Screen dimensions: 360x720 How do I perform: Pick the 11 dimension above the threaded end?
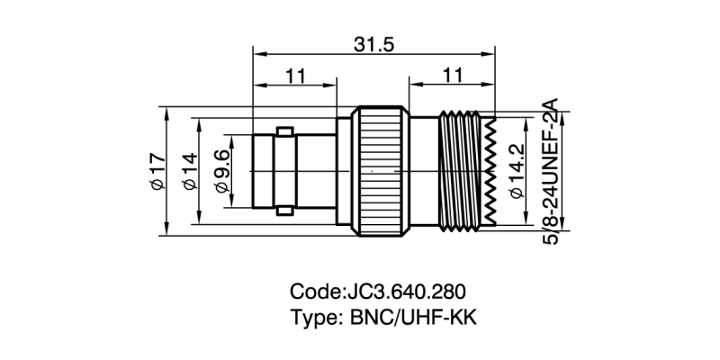click(x=453, y=76)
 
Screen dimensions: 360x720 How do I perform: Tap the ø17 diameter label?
click(x=157, y=170)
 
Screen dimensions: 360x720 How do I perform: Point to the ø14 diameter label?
click(x=189, y=170)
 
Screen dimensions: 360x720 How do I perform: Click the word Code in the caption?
click(x=312, y=292)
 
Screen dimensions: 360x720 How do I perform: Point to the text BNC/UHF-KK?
click(x=410, y=318)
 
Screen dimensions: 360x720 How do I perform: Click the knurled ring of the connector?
click(x=378, y=170)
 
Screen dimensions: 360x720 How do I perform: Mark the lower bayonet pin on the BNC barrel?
click(x=285, y=211)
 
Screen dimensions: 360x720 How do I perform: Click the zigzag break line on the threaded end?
click(x=491, y=170)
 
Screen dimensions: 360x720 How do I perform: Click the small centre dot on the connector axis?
click(x=372, y=170)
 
